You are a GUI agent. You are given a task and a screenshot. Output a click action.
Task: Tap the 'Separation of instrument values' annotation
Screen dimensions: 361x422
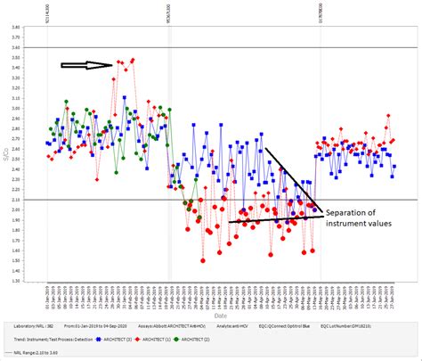click(x=361, y=218)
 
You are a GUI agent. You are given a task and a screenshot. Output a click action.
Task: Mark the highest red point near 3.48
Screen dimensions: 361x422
click(x=133, y=60)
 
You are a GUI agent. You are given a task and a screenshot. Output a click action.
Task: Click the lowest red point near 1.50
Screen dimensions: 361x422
click(x=203, y=260)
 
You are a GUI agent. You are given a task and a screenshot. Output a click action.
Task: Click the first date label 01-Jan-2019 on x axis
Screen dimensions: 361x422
click(x=47, y=296)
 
